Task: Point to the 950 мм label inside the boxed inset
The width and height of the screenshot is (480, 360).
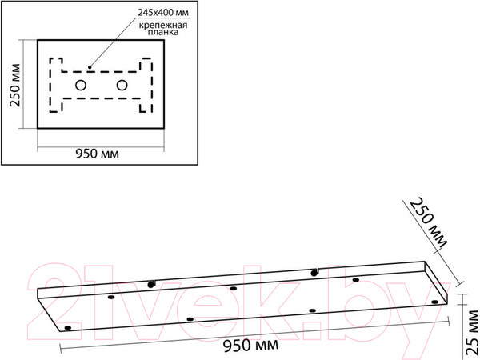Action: coord(98,154)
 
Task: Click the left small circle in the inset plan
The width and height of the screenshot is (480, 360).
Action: coord(81,85)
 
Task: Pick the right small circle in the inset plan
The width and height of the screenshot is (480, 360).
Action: coord(122,85)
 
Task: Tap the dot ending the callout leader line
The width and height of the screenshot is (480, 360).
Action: coord(90,66)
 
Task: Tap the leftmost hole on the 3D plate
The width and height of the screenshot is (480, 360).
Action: coord(68,328)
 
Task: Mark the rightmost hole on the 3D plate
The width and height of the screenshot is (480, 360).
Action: coord(434,302)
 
